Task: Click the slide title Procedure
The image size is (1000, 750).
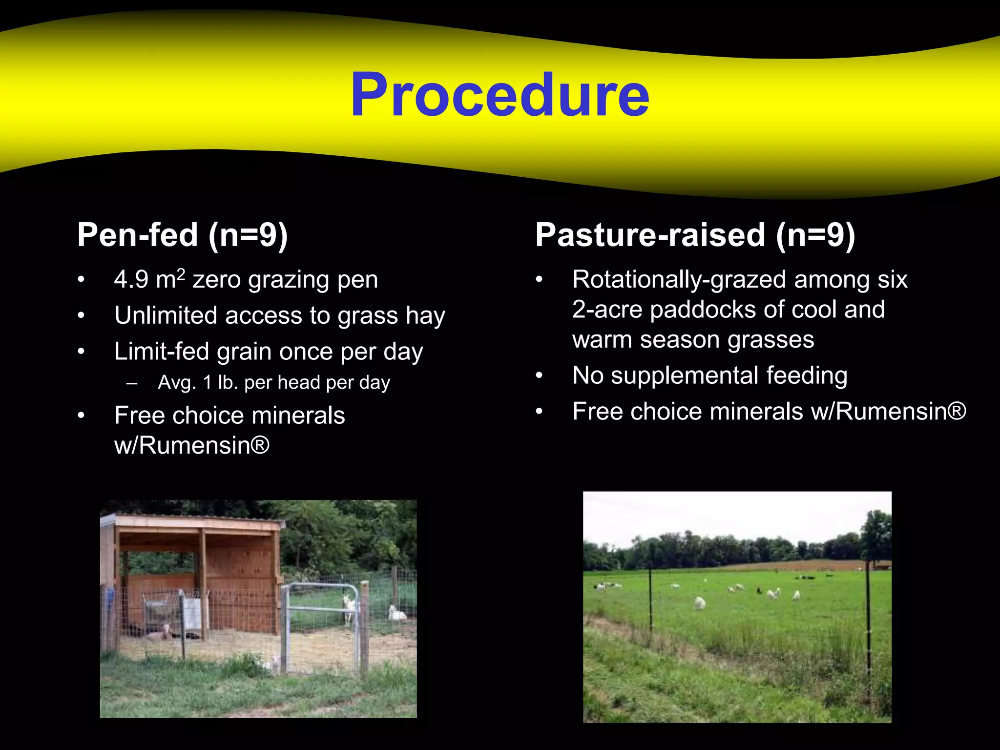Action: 500,95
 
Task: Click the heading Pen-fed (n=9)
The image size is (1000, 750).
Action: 183,235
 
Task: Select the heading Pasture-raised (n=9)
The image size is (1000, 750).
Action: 695,235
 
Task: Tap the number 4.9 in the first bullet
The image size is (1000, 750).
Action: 131,280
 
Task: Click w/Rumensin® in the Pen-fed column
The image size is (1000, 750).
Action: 191,445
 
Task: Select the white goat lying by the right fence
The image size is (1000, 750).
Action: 396,613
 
